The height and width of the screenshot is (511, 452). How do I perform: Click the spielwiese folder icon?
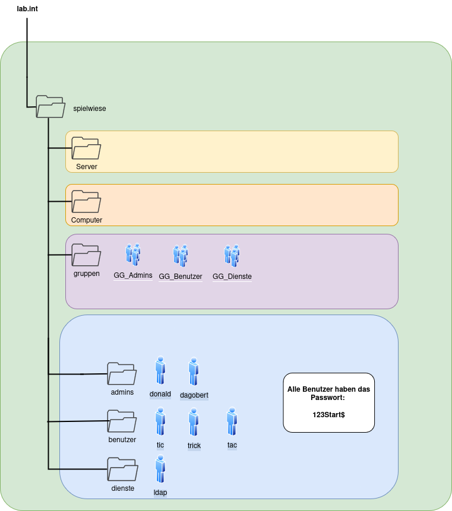(50, 106)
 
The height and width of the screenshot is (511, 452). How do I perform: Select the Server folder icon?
(86, 148)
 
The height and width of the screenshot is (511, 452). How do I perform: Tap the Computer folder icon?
(86, 202)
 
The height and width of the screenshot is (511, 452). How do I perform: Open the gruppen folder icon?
(86, 255)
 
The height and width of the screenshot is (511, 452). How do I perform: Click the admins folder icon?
(122, 373)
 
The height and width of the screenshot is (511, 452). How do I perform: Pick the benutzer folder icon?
(122, 421)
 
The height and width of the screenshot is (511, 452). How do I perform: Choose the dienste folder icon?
(122, 468)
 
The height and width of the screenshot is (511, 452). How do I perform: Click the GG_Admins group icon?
(133, 255)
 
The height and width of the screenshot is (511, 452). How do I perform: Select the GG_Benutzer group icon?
(181, 255)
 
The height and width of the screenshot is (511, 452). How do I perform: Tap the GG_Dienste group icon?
(232, 255)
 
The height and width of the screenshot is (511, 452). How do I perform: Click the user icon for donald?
(160, 371)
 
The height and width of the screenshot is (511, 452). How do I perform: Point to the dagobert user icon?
(193, 372)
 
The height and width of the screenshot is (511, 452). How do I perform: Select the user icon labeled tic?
(160, 422)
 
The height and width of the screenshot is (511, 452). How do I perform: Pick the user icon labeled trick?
(194, 423)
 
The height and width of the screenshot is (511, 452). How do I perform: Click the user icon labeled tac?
(232, 421)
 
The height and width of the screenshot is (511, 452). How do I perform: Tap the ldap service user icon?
(160, 469)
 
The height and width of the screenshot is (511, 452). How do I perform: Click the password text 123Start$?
(328, 414)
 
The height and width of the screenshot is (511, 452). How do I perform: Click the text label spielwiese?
(89, 109)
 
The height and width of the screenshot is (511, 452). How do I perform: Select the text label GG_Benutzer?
(181, 277)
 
